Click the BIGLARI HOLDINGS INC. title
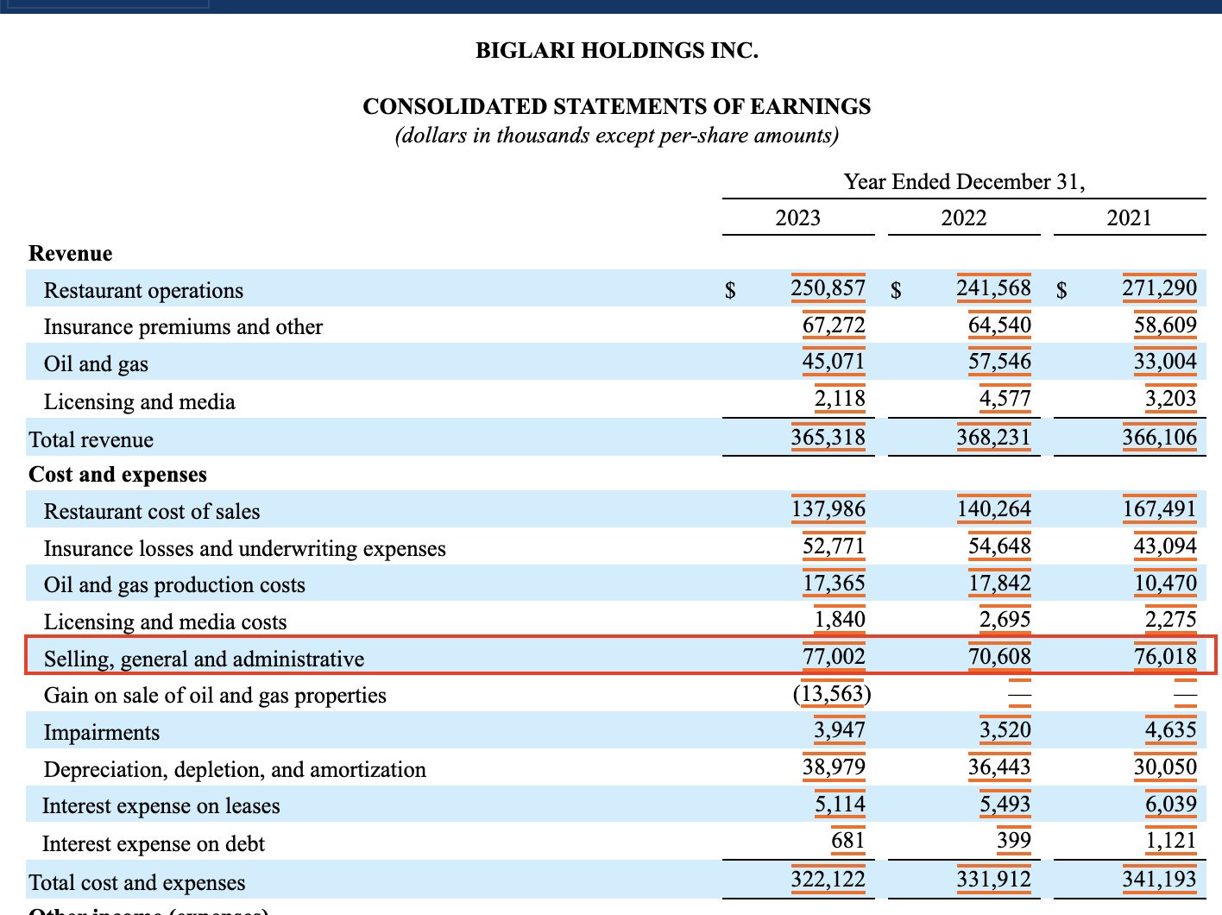(x=616, y=50)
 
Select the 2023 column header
(x=797, y=218)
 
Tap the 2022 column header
(x=963, y=218)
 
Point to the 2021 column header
(x=1129, y=218)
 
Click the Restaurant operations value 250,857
(x=828, y=287)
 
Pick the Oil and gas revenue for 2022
(x=998, y=361)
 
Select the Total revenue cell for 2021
(x=1159, y=437)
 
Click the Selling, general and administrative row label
(x=204, y=659)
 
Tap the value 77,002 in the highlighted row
(x=834, y=656)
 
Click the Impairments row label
(x=102, y=732)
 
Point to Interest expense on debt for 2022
(x=1013, y=840)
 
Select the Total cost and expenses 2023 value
(x=828, y=879)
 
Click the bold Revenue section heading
(x=71, y=253)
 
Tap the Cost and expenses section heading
(x=118, y=474)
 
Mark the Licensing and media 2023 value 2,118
(x=839, y=398)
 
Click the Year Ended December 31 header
(x=964, y=181)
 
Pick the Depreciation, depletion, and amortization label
(x=235, y=769)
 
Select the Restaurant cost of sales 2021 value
(x=1159, y=508)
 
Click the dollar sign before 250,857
(x=730, y=290)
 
